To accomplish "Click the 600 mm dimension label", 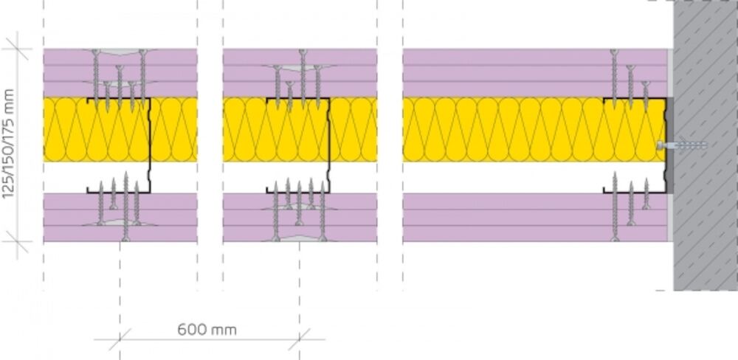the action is click(x=207, y=330).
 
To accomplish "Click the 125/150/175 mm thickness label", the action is click(x=8, y=144).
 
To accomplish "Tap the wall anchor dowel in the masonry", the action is click(x=682, y=145).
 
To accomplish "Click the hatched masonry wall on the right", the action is click(x=706, y=145).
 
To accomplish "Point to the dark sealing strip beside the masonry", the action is click(x=669, y=145).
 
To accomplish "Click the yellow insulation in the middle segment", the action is click(x=300, y=129).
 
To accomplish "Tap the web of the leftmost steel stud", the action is click(x=150, y=145).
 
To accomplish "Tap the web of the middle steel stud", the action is click(x=329, y=145).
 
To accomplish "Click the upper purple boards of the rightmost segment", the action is click(x=535, y=73).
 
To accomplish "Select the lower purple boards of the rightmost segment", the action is click(x=535, y=218).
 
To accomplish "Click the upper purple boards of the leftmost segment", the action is click(x=120, y=73).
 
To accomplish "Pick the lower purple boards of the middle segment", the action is click(x=300, y=218).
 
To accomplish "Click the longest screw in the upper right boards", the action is click(x=614, y=80).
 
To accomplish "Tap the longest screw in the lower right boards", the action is click(x=615, y=207).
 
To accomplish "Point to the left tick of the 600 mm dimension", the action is click(x=120, y=339).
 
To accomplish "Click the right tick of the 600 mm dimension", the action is click(x=300, y=339).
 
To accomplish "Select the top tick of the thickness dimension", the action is click(x=18, y=49).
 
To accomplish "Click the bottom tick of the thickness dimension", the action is click(x=18, y=242).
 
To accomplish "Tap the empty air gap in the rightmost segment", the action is click(x=503, y=177).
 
